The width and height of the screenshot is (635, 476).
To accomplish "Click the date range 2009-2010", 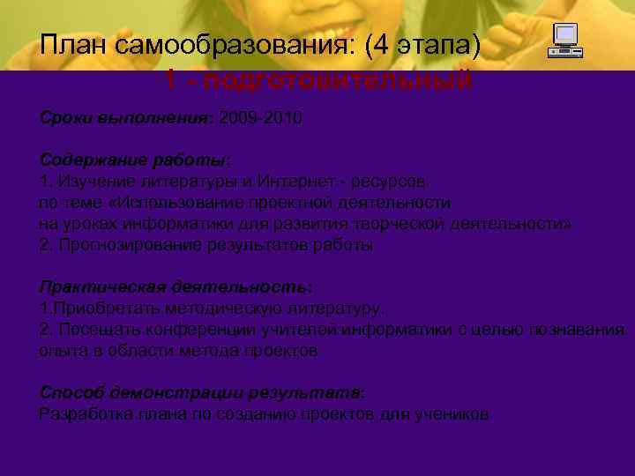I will click(x=261, y=117).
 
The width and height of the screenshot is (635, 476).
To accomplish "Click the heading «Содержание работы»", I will click(x=133, y=160).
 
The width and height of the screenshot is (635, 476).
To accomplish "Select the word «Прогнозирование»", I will click(x=123, y=245).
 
